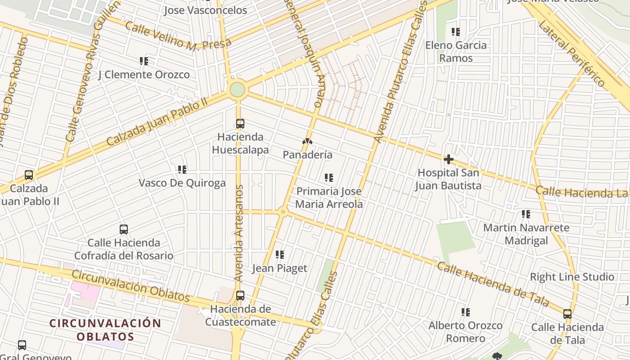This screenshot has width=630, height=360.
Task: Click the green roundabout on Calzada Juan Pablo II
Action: click(237, 90)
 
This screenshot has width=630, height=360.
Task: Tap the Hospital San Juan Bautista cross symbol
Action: click(448, 159)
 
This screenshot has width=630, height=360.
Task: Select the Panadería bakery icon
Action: click(307, 142)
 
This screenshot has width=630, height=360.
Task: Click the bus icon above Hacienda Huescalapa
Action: click(240, 123)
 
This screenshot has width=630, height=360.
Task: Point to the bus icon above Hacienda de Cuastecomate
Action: click(240, 296)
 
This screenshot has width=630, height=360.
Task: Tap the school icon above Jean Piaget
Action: click(280, 255)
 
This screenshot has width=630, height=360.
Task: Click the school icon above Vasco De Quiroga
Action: click(182, 170)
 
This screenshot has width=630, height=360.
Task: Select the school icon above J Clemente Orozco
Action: click(144, 61)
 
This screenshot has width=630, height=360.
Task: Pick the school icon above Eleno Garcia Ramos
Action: click(456, 32)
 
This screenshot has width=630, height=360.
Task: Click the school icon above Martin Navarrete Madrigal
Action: click(526, 214)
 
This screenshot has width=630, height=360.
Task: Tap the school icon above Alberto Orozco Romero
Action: click(466, 312)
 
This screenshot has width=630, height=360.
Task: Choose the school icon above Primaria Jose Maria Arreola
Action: click(329, 178)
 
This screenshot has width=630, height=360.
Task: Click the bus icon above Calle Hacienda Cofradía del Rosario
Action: click(124, 229)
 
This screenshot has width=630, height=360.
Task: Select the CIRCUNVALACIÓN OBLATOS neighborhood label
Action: click(105, 330)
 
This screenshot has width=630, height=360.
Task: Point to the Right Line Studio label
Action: click(572, 277)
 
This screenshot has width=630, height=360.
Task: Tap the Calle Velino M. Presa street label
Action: click(178, 35)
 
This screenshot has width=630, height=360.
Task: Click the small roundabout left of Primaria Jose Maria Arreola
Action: click(283, 211)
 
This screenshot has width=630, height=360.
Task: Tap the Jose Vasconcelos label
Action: click(205, 10)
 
